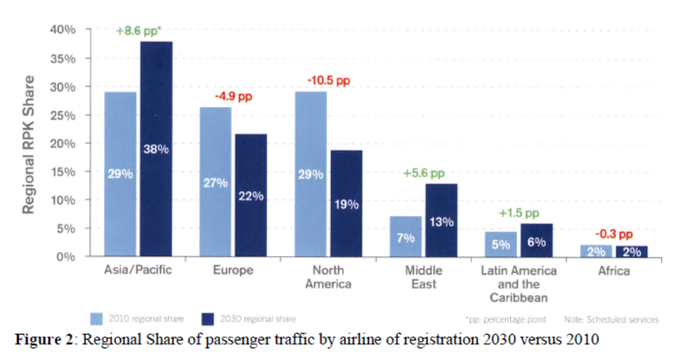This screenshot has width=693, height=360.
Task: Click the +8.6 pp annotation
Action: point(138,30)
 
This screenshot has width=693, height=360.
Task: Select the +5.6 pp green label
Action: point(424,174)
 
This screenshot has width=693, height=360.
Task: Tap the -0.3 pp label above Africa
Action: point(614,234)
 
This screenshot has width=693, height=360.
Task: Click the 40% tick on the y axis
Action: point(62,30)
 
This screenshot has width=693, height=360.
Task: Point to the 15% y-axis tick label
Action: point(62,172)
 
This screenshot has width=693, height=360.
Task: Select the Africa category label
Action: point(614,271)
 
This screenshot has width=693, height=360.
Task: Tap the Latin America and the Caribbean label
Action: point(519,284)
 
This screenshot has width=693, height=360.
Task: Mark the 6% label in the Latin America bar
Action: point(536,242)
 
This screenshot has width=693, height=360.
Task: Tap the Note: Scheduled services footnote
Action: point(611,320)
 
